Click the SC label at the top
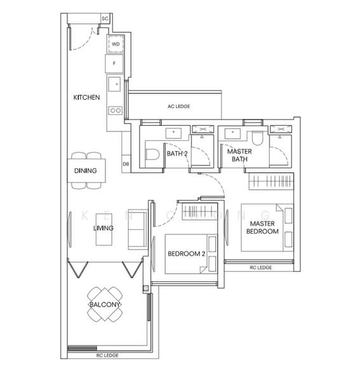(105, 18)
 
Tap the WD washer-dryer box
(116, 44)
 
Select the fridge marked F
(114, 63)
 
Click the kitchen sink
(114, 84)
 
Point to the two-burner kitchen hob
(116, 110)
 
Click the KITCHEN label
(86, 97)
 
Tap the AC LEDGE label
(179, 107)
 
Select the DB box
(126, 164)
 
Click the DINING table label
(86, 171)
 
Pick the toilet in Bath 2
(152, 154)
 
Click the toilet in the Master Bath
(257, 138)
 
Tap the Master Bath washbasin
(232, 133)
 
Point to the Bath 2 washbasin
(173, 133)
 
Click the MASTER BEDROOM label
(262, 227)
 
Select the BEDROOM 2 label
(187, 253)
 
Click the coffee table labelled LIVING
(104, 229)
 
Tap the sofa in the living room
(138, 229)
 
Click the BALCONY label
(105, 304)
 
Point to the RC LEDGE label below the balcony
(107, 355)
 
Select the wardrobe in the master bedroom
(271, 181)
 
